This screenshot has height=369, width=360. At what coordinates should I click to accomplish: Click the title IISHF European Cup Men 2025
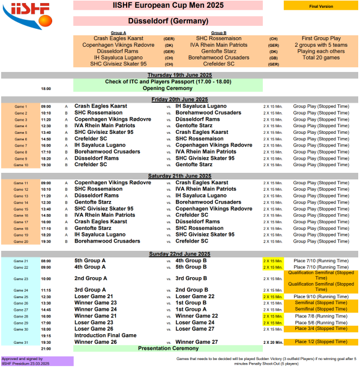click(169, 5)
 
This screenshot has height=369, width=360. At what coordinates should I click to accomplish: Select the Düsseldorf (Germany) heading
click(169, 21)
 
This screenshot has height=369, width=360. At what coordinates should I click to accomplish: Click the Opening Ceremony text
click(169, 88)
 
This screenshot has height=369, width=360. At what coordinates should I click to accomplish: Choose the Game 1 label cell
click(21, 106)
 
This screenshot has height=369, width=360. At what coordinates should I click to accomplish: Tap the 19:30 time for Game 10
click(46, 164)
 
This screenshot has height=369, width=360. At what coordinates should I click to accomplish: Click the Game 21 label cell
click(21, 261)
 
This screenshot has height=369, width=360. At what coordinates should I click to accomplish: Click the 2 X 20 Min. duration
click(273, 342)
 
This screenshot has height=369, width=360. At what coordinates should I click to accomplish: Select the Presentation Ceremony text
click(169, 348)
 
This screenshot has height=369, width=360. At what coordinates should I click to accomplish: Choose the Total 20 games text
click(321, 58)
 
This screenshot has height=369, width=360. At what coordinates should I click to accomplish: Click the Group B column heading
click(218, 32)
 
